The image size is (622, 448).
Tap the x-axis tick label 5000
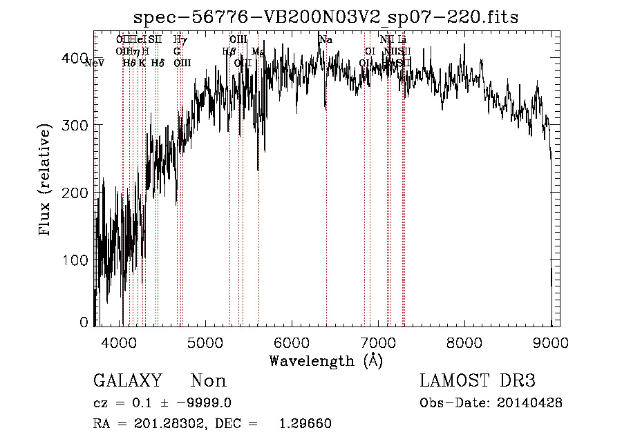[205, 342]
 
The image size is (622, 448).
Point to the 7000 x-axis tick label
[377, 342]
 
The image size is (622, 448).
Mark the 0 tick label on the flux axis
[84, 322]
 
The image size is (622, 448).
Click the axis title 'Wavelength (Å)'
[326, 360]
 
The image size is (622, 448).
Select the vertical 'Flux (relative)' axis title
[46, 180]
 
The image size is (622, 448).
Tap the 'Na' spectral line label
[326, 39]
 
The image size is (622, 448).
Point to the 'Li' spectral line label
[402, 39]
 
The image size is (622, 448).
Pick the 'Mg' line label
[258, 51]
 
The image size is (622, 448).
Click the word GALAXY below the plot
[127, 381]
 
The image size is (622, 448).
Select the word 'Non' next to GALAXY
[209, 381]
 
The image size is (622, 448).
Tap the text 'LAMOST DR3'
[478, 381]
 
